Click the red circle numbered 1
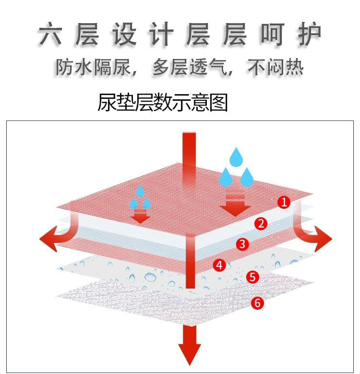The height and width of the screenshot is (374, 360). (x=284, y=203)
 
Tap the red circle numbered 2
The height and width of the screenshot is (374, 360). (x=261, y=223)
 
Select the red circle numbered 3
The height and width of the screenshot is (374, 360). (x=242, y=244)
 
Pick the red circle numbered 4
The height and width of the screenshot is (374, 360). (x=219, y=265)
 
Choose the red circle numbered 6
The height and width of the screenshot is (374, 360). (x=257, y=303)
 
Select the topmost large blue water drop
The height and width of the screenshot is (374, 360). (x=235, y=157)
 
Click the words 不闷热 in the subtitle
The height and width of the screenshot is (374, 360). (x=276, y=67)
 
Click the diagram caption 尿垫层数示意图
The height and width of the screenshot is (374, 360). (x=162, y=102)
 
